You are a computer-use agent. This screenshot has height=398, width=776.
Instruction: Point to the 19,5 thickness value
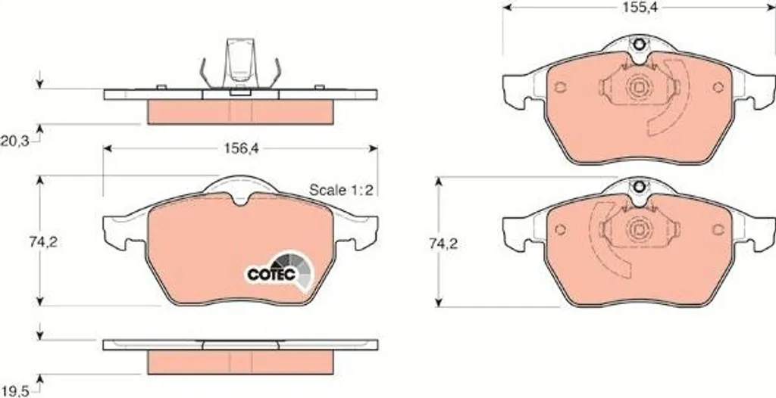[15, 391]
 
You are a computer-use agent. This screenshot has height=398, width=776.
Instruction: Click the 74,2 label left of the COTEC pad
[42, 242]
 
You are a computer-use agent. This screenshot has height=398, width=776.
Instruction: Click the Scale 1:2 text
[340, 189]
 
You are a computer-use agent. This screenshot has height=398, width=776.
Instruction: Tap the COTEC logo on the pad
[280, 271]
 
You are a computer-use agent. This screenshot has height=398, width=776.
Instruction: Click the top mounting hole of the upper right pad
[639, 45]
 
